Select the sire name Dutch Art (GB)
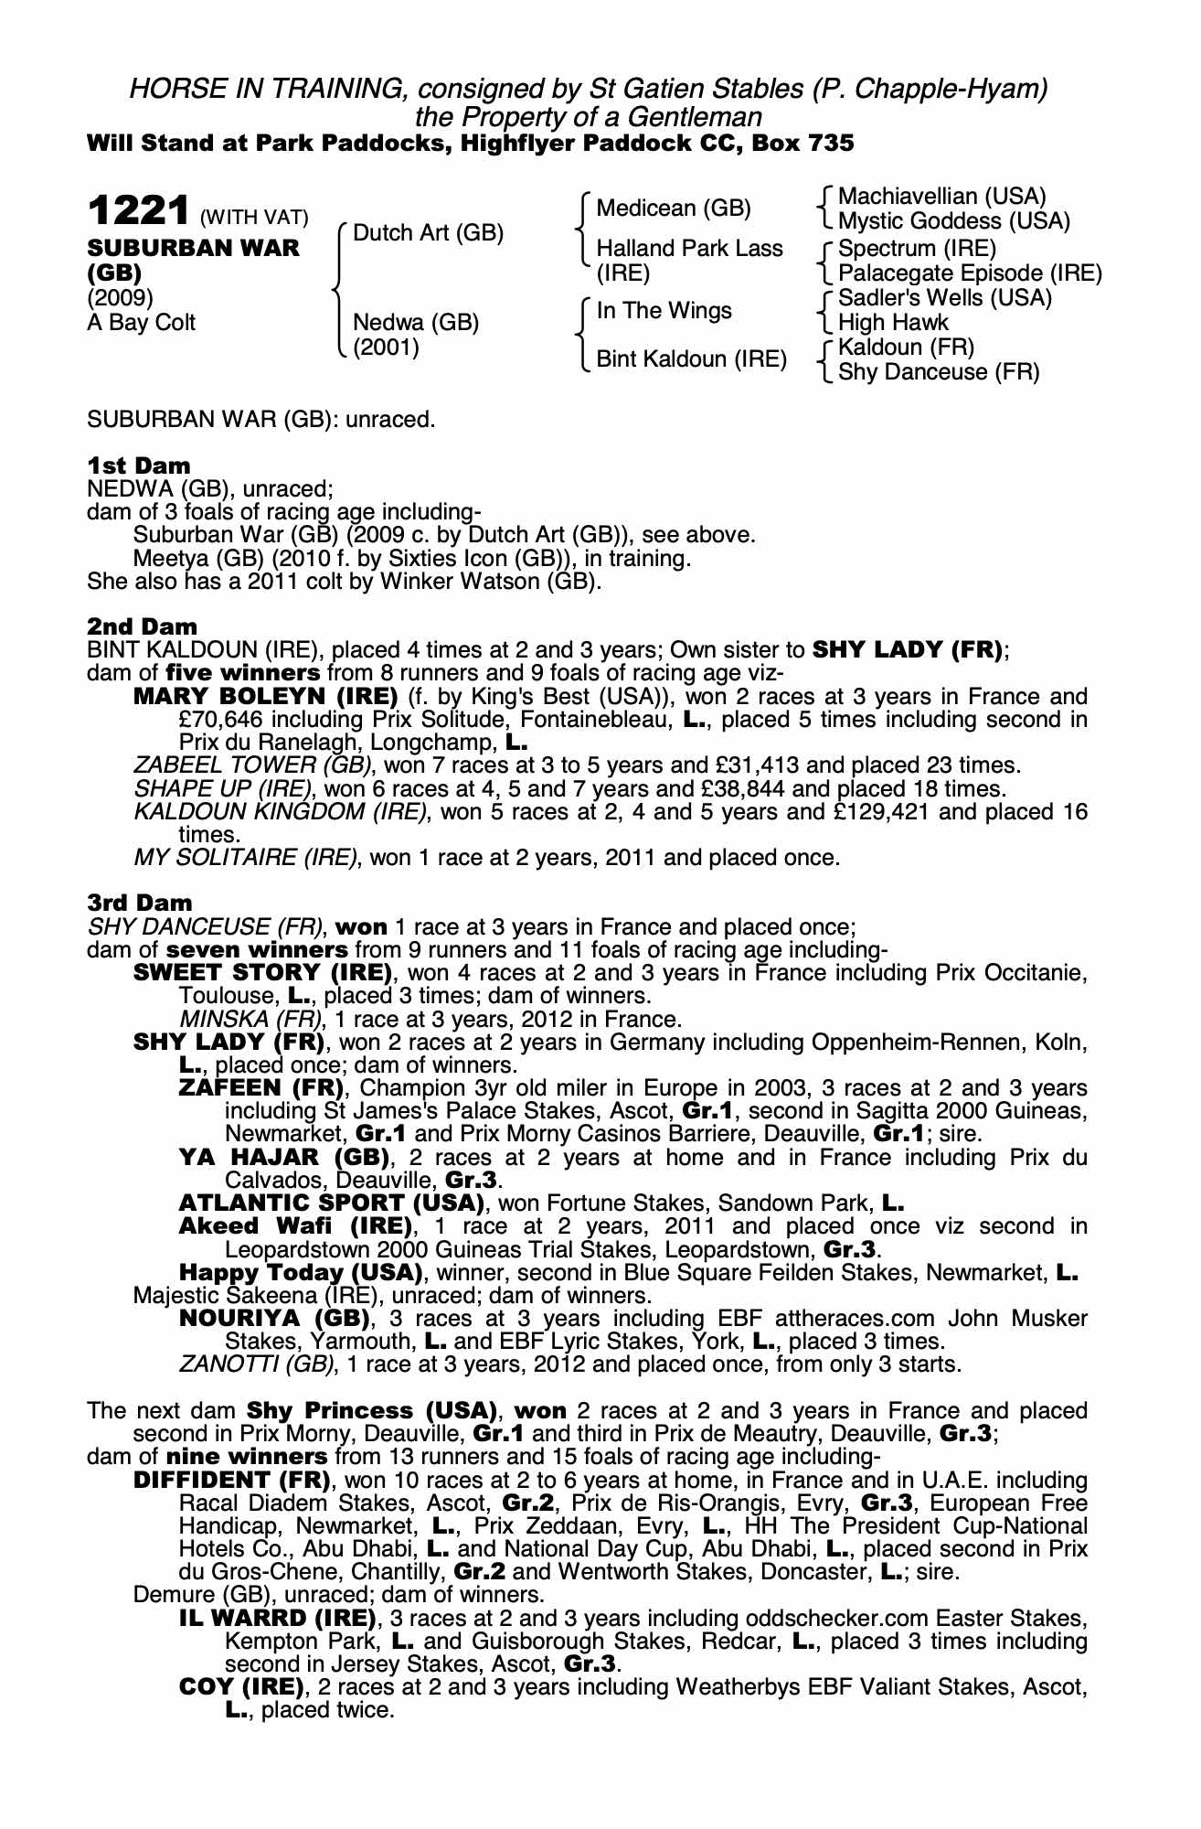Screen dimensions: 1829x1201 pos(428,233)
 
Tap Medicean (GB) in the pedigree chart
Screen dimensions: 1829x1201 pos(673,209)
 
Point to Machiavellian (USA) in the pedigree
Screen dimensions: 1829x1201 pos(941,197)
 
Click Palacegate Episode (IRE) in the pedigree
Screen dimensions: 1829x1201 pos(970,273)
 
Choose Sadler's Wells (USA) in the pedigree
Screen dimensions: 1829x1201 pos(944,298)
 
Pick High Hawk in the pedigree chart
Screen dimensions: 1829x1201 pos(893,323)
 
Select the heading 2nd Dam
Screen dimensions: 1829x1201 pos(142,626)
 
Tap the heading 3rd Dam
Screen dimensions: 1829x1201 pos(140,903)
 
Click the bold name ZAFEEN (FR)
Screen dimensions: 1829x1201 pos(261,1088)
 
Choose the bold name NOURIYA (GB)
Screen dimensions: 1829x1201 pos(274,1319)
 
